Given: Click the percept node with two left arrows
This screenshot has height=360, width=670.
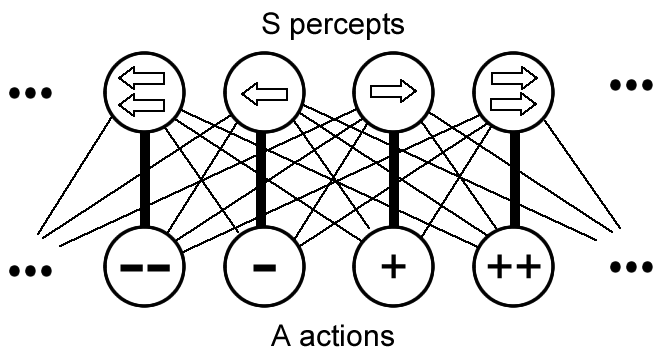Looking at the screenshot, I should (x=143, y=93).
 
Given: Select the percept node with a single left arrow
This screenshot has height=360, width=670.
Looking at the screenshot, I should (x=261, y=93).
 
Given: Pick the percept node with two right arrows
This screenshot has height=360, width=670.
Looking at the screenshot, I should (x=512, y=93).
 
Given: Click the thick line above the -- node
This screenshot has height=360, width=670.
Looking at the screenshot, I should (x=143, y=180).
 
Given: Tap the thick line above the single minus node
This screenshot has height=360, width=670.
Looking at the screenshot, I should (x=261, y=180).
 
